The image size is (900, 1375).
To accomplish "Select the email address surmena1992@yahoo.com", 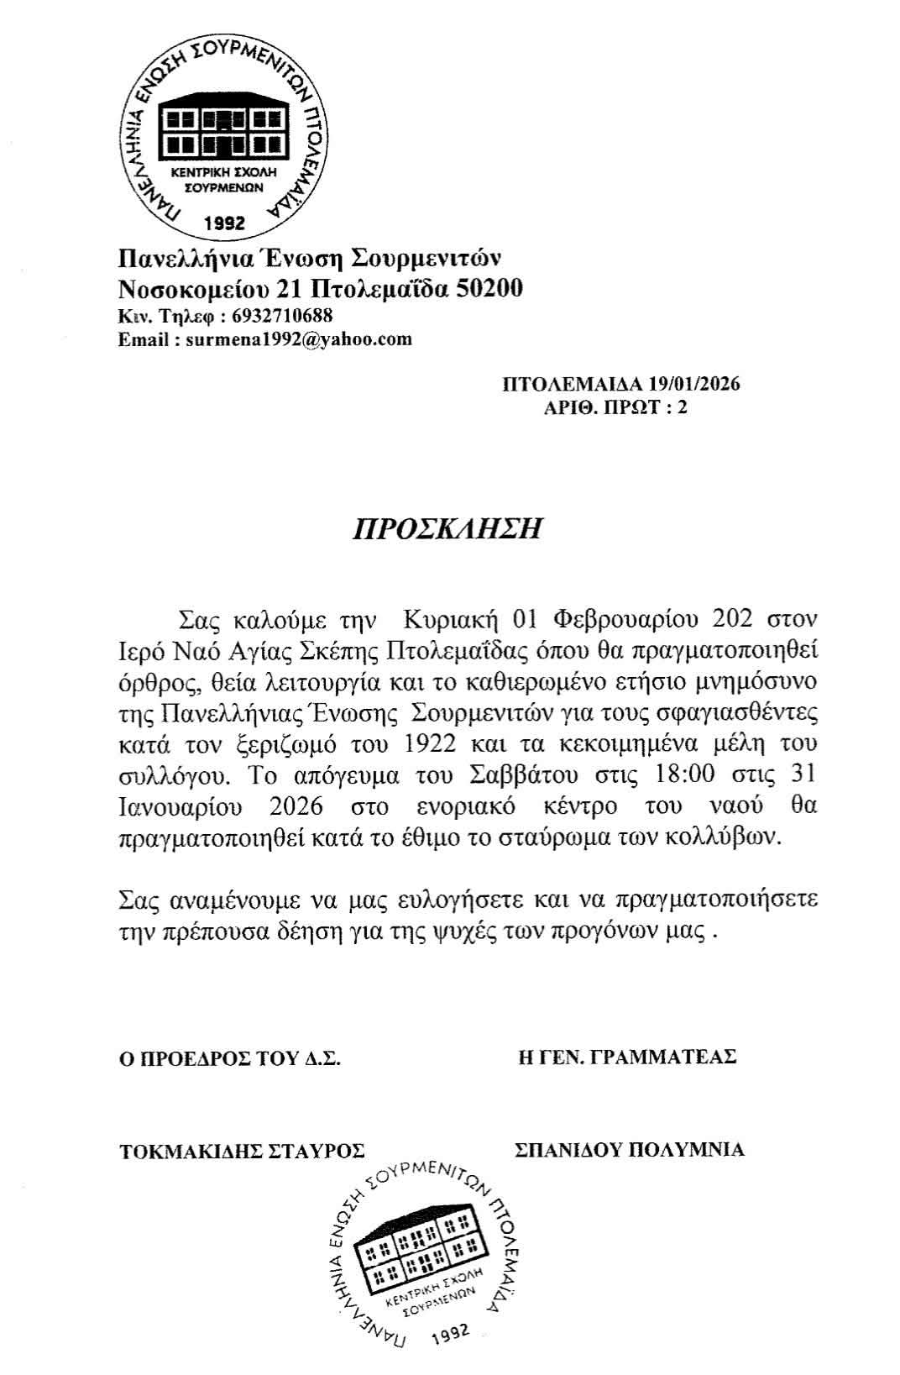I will (x=299, y=339).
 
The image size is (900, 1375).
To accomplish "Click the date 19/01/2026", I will (x=694, y=385).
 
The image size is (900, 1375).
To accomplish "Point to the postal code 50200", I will (x=489, y=289).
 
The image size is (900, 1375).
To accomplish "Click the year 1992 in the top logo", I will (x=224, y=223).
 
